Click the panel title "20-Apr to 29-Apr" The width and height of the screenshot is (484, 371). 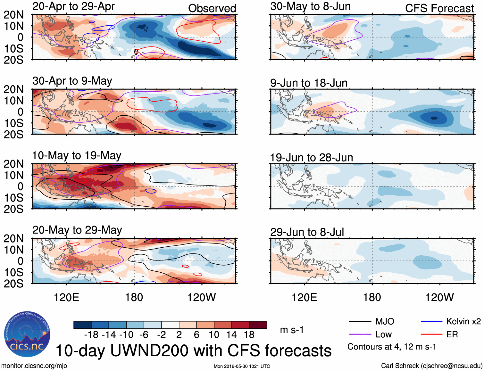point(73,6)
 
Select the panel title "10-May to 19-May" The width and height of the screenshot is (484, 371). point(77,156)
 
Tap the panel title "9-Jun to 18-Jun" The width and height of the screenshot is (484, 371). point(309,83)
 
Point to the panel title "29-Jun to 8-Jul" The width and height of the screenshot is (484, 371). point(307,232)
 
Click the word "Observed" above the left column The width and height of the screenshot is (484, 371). point(212,8)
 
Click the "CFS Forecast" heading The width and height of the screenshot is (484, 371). point(439,8)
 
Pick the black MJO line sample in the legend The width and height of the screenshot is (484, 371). point(360,321)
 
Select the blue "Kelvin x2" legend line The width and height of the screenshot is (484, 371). point(431,321)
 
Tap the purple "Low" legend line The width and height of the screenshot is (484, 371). point(360,334)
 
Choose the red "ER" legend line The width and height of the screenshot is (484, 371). point(431,334)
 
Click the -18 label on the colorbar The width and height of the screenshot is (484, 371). point(91,335)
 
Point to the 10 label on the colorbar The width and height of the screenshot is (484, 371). point(214,335)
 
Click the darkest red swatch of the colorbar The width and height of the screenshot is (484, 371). point(258,325)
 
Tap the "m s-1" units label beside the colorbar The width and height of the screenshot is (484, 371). point(292,330)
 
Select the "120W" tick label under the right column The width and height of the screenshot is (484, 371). point(439,297)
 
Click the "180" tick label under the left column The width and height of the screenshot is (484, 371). point(134,297)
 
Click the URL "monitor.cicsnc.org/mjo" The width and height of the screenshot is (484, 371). point(34,366)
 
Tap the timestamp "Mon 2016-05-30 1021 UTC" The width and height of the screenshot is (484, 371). point(242,366)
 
